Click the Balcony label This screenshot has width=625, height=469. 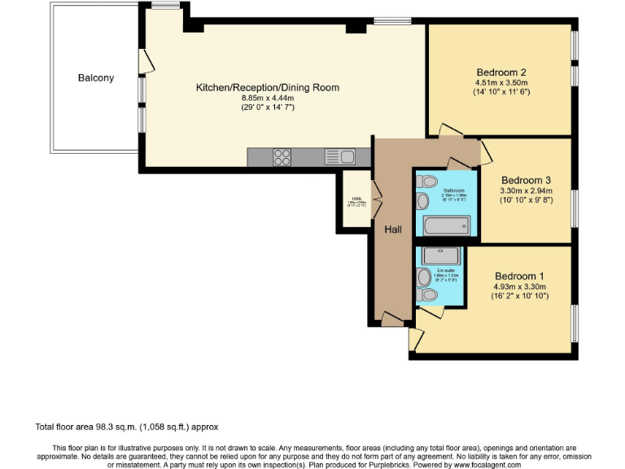pyautogui.click(x=96, y=78)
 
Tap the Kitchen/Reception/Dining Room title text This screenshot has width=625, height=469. pyautogui.click(x=267, y=87)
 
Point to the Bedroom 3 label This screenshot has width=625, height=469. pyautogui.click(x=526, y=180)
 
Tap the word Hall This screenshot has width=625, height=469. pyautogui.click(x=393, y=230)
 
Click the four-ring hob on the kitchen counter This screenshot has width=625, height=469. pyautogui.click(x=282, y=156)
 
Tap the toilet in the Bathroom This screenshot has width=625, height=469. pyautogui.click(x=431, y=181)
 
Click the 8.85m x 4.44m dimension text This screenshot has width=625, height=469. pyautogui.click(x=267, y=98)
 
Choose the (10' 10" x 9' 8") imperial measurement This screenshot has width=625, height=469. pyautogui.click(x=526, y=200)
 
